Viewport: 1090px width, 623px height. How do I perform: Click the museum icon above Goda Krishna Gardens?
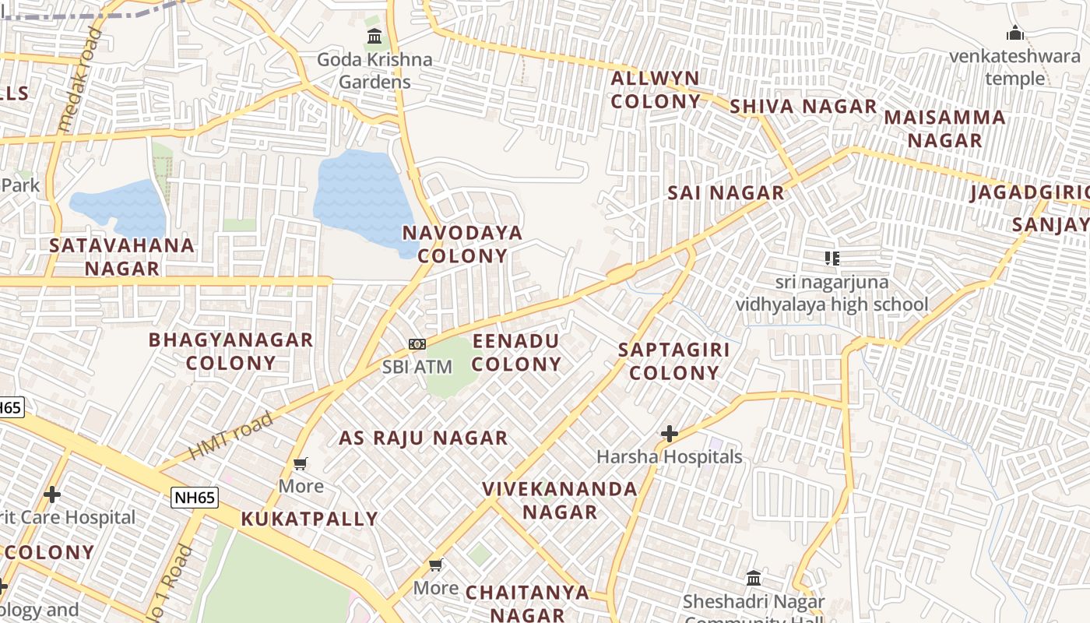(x=374, y=36)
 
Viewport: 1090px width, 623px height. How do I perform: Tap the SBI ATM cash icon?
(x=417, y=343)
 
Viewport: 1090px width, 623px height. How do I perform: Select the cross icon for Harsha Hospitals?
(x=669, y=433)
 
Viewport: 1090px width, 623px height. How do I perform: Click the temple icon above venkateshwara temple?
(x=1014, y=33)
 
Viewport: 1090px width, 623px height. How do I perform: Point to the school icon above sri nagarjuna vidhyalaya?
(x=832, y=258)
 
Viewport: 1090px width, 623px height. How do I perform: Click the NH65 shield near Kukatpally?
(x=195, y=498)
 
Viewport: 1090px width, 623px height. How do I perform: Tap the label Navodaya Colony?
(x=462, y=244)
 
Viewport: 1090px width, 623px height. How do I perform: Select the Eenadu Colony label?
(x=516, y=352)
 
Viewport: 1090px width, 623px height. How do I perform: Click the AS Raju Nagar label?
(x=423, y=438)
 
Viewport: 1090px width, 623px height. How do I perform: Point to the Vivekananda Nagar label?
(x=560, y=500)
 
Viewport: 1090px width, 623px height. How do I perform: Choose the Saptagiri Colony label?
(x=674, y=361)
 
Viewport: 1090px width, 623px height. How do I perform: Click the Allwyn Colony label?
(x=656, y=90)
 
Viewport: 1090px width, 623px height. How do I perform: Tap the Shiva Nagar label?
(x=803, y=107)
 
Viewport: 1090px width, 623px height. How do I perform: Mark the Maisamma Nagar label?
(x=944, y=128)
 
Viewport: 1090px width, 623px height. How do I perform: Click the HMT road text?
(x=231, y=436)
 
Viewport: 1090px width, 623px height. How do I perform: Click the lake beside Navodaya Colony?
(x=360, y=199)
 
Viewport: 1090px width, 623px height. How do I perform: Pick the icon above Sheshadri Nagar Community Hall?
(x=753, y=578)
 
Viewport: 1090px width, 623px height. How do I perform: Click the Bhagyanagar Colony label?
(x=230, y=350)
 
